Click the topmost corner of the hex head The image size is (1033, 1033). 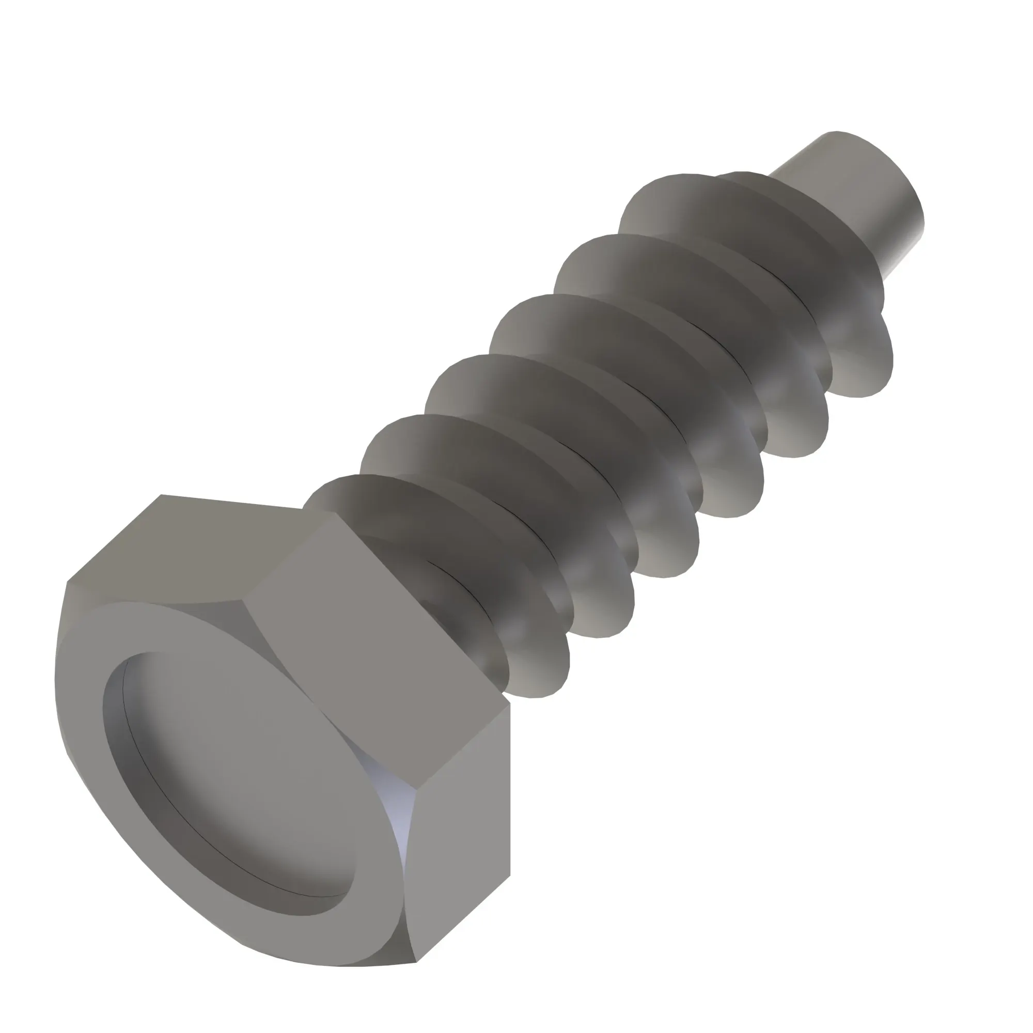[161, 495]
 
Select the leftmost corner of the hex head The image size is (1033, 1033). [67, 582]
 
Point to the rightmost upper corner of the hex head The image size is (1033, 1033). [510, 705]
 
